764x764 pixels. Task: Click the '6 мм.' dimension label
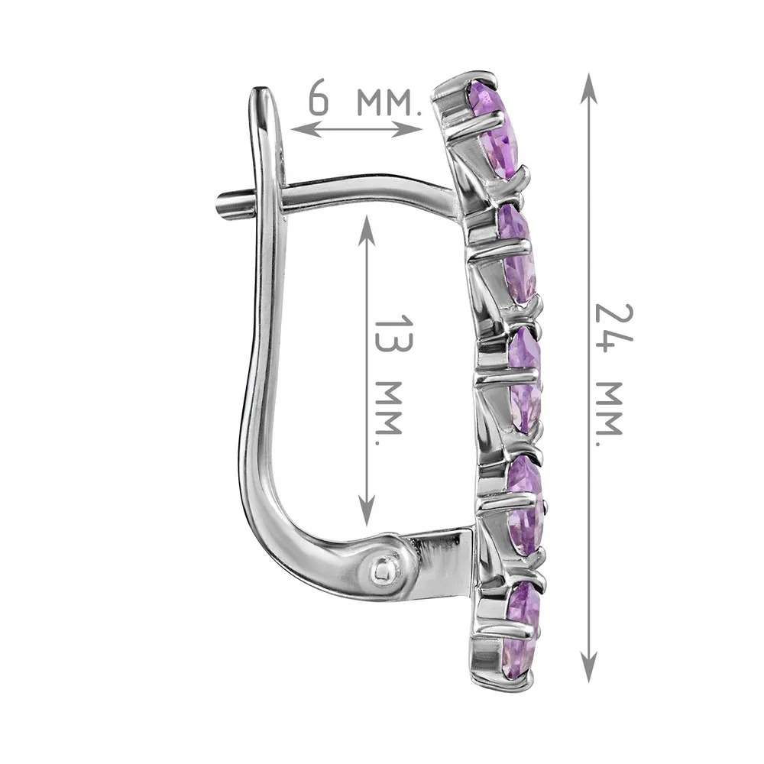click(x=364, y=102)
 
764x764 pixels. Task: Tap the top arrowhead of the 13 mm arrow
click(x=367, y=230)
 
